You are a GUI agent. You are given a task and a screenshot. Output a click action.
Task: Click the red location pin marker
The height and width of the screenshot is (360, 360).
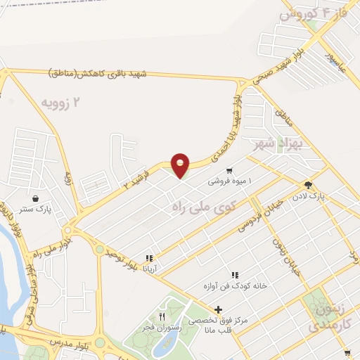[x=181, y=165]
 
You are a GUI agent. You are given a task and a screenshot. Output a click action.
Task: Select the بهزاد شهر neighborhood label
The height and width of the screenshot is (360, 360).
[x=277, y=146]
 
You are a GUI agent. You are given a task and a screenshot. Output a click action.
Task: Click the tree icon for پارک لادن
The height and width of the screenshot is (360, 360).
[x=308, y=184]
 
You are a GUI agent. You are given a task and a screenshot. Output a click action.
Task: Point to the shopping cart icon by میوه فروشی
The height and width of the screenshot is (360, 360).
[x=229, y=171]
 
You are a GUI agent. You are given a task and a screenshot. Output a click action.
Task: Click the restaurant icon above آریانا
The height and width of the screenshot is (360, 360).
[x=148, y=258]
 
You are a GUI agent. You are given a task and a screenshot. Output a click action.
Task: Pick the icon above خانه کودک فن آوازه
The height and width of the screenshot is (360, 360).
[x=234, y=274]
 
